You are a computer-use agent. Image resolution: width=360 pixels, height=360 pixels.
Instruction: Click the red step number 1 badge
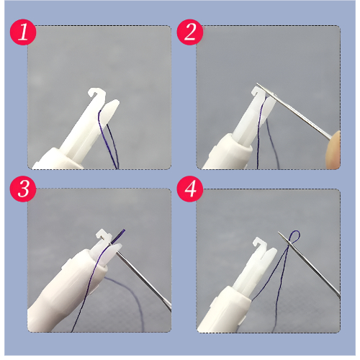tap(23, 32)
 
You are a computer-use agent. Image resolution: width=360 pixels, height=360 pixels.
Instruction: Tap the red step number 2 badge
tap(190, 32)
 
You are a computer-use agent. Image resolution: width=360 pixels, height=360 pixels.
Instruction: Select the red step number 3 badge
tap(23, 189)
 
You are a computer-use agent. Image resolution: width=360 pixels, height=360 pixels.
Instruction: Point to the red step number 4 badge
tap(190, 189)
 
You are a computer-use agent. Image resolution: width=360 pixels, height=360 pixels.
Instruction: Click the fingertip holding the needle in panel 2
tap(333, 149)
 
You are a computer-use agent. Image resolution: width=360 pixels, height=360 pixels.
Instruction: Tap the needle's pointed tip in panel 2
tap(257, 84)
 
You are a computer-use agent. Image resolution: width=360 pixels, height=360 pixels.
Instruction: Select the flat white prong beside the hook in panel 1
tap(109, 112)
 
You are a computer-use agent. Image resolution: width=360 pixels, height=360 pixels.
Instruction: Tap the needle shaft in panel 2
tap(294, 111)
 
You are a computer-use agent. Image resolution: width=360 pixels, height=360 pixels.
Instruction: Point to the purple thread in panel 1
tap(109, 139)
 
